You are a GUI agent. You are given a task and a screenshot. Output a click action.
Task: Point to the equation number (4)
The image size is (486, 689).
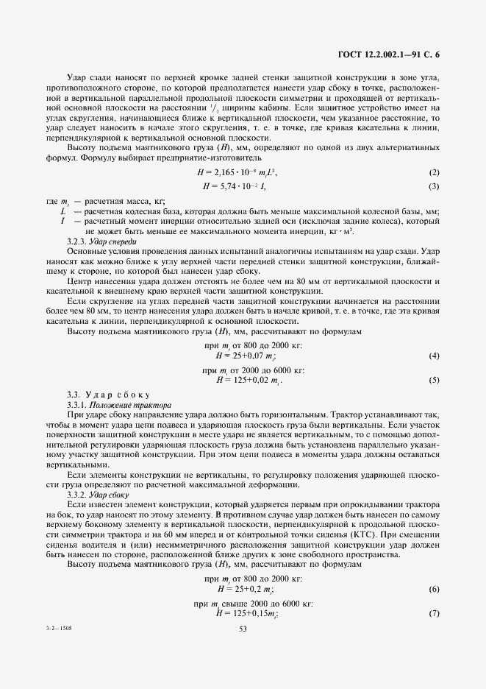pos(433,356)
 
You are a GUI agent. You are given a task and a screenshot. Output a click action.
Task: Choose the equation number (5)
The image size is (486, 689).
pos(433,380)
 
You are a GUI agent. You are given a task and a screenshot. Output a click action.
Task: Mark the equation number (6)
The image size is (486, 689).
pos(433,590)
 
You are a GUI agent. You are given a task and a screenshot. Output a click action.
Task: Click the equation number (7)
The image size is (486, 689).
pos(433,613)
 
